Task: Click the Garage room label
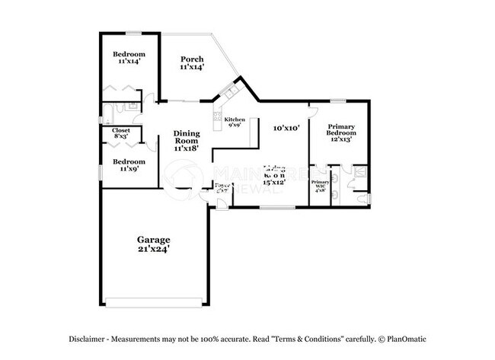point(153,239)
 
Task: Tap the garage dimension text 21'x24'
point(153,248)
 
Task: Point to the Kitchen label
point(233,119)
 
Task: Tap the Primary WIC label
point(320,186)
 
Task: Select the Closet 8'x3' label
point(120,133)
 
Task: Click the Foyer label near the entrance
point(222,187)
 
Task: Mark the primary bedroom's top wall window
point(337,101)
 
